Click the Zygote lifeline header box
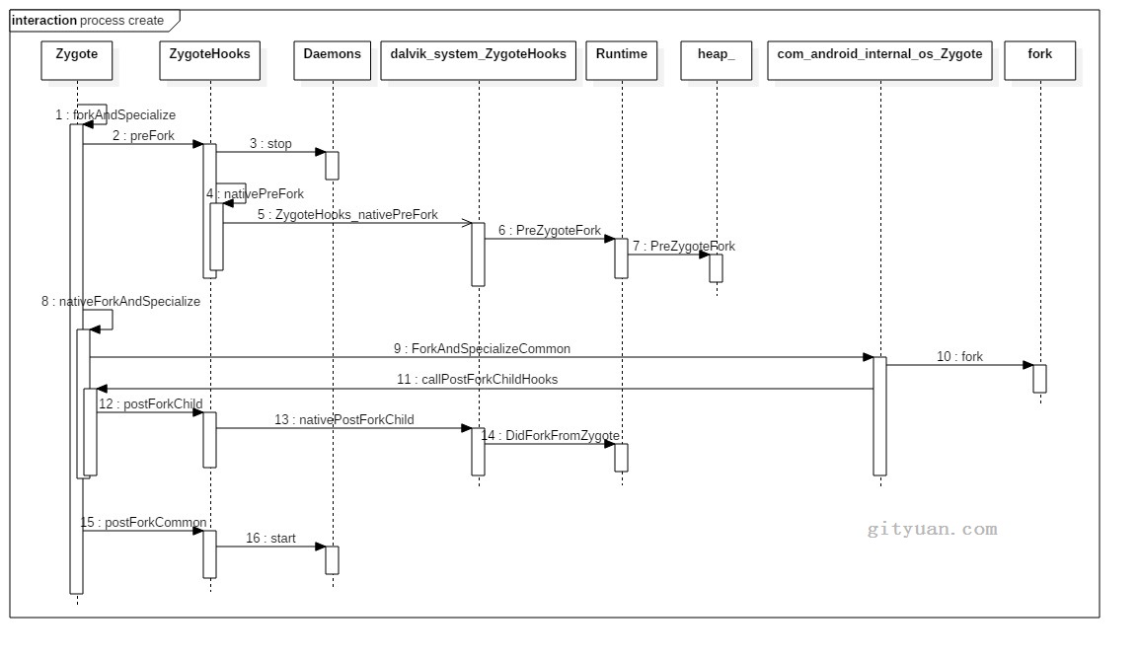coord(76,59)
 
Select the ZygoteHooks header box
coord(210,59)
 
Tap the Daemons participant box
coord(332,59)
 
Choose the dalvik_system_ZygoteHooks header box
coord(478,59)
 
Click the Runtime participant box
coord(622,59)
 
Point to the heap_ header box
coord(716,59)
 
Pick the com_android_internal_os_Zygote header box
coord(879,59)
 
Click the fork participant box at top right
coord(1039,59)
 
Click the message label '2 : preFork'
coord(143,136)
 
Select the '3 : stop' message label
coord(270,144)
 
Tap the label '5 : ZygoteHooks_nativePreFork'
coord(347,214)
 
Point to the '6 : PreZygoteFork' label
coord(550,231)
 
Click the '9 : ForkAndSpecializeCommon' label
coord(482,349)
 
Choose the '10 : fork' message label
coord(959,357)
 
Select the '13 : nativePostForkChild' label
coord(344,420)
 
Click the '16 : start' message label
coord(270,539)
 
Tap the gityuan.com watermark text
coord(932,530)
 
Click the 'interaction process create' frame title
coord(88,21)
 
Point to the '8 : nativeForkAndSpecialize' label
coord(120,302)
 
